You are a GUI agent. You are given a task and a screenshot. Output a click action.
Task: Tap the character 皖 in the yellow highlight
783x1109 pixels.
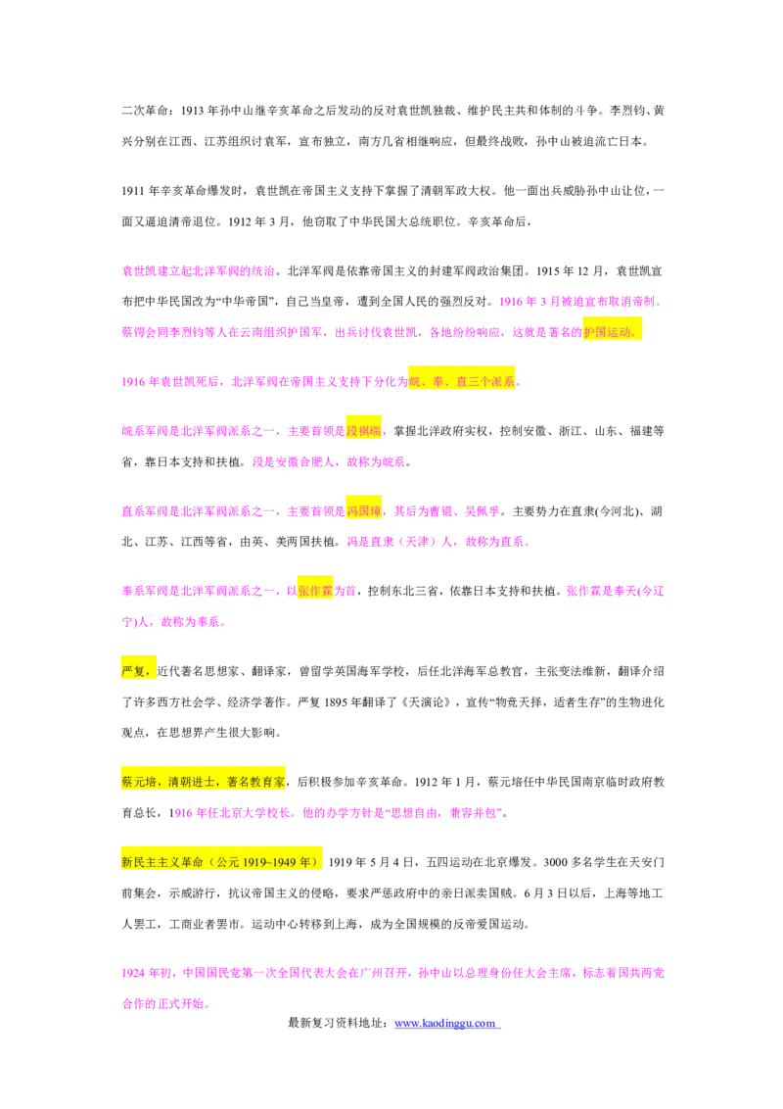415,382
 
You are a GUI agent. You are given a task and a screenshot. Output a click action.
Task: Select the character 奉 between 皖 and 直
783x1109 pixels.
438,382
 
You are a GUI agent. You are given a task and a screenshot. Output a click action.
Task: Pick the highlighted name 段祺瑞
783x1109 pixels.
363,431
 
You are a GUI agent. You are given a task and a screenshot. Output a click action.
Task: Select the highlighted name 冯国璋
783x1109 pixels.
363,510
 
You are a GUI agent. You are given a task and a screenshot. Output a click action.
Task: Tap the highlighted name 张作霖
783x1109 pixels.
315,591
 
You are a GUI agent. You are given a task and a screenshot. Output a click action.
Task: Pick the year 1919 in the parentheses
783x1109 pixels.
255,862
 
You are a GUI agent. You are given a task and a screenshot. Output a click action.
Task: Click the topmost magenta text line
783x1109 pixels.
196,271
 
